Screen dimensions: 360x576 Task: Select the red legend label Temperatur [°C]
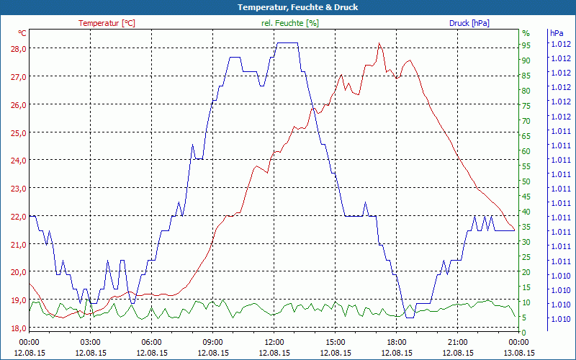pyautogui.click(x=107, y=23)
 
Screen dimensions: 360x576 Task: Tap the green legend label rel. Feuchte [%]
pyautogui.click(x=290, y=23)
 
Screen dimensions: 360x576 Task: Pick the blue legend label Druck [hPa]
pyautogui.click(x=469, y=23)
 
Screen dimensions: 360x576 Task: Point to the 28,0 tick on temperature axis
pyautogui.click(x=17, y=48)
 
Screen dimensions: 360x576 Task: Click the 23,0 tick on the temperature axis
pyautogui.click(x=17, y=189)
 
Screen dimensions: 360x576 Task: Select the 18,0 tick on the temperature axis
pyautogui.click(x=17, y=328)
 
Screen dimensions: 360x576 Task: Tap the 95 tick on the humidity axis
pyautogui.click(x=526, y=45)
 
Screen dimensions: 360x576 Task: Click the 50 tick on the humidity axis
pyautogui.click(x=526, y=181)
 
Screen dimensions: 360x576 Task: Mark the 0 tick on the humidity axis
pyautogui.click(x=524, y=332)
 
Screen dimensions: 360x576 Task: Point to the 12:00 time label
pyautogui.click(x=274, y=342)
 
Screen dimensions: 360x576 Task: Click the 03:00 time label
pyautogui.click(x=90, y=342)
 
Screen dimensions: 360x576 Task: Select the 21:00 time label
pyautogui.click(x=458, y=342)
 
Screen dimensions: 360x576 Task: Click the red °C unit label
pyautogui.click(x=22, y=33)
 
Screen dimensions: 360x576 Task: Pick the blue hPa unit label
pyautogui.click(x=557, y=33)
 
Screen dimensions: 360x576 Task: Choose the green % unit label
pyautogui.click(x=526, y=33)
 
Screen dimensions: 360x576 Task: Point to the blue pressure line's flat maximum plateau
pyautogui.click(x=287, y=43)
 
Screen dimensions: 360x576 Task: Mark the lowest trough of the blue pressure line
pyautogui.click(x=410, y=317)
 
